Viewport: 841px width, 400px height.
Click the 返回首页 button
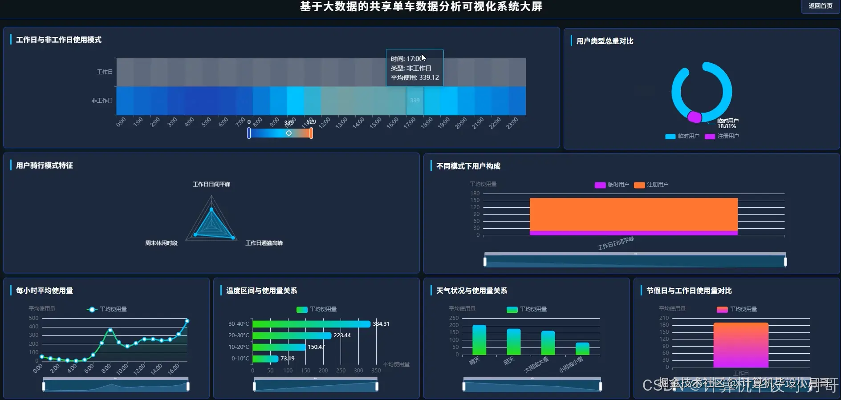[820, 6]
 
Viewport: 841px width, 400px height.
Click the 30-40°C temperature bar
[311, 324]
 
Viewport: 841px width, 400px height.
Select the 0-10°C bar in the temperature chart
[265, 359]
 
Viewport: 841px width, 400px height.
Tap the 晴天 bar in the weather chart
[479, 340]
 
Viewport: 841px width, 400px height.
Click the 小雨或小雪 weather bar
[582, 349]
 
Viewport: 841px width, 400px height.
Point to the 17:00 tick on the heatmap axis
[409, 121]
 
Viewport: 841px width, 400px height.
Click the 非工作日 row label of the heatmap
[102, 101]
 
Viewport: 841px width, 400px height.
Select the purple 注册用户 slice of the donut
[694, 117]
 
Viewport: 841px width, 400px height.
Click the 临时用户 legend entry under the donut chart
[683, 136]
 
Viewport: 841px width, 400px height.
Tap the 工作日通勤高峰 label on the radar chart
[264, 243]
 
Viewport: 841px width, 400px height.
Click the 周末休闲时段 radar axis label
[161, 243]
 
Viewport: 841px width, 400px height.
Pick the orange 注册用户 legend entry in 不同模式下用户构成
[651, 185]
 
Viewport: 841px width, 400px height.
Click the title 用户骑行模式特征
[45, 166]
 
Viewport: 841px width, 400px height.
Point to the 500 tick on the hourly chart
[34, 318]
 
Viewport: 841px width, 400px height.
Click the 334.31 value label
[381, 324]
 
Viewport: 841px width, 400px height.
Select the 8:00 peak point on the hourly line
[110, 330]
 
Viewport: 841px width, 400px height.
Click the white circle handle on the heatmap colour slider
[289, 133]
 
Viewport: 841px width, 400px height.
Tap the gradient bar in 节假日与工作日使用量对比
[741, 345]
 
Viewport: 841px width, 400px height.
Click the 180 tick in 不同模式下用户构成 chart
[475, 194]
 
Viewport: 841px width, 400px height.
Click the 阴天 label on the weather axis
[509, 361]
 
